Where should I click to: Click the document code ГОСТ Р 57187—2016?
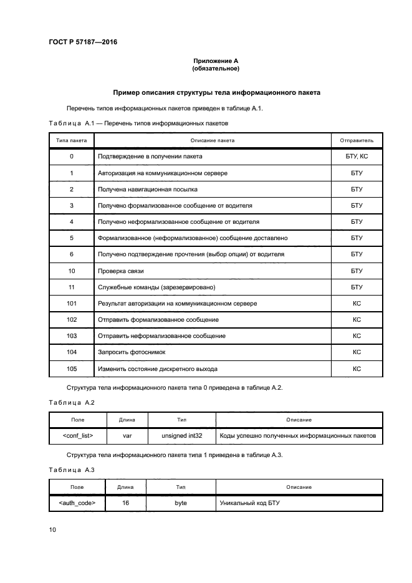click(x=83, y=42)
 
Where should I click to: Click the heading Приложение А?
click(x=216, y=60)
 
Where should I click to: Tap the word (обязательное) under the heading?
click(x=216, y=69)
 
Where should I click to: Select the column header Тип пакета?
click(x=72, y=140)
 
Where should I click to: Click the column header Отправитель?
click(x=357, y=140)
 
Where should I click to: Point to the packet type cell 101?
click(x=72, y=304)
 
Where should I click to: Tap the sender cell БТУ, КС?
click(x=357, y=157)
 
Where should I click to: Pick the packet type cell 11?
click(x=72, y=287)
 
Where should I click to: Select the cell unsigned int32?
click(x=184, y=436)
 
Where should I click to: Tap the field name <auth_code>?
click(x=77, y=502)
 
